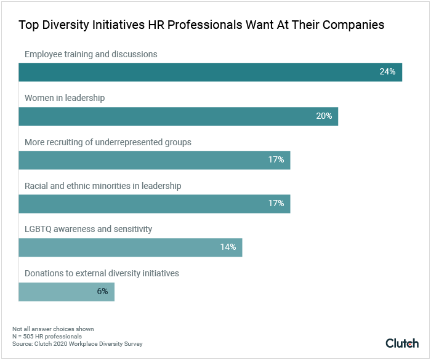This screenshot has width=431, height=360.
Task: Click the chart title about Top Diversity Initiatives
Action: (201, 25)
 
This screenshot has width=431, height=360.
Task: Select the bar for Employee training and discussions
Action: (210, 72)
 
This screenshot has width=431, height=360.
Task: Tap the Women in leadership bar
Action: (178, 116)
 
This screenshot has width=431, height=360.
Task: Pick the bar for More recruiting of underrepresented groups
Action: (154, 159)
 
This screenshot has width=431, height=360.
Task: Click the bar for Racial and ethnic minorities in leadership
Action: (154, 203)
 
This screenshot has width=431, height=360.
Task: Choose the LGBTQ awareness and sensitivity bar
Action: (130, 247)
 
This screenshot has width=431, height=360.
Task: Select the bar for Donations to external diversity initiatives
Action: (66, 291)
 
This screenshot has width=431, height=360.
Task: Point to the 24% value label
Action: (387, 72)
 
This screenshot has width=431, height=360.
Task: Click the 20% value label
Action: (324, 116)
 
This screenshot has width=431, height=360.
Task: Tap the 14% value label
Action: (228, 247)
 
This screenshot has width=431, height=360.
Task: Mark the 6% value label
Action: (102, 291)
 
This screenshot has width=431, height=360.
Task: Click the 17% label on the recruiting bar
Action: (276, 159)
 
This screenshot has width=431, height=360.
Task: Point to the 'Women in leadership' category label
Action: (65, 98)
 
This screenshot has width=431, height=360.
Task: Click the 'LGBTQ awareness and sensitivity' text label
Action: (88, 229)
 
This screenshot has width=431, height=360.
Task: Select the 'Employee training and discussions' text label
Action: (91, 54)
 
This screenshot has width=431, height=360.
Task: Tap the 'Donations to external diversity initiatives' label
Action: (102, 273)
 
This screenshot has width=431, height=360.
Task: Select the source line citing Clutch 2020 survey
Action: (77, 343)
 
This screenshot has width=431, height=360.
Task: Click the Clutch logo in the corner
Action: (402, 343)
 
